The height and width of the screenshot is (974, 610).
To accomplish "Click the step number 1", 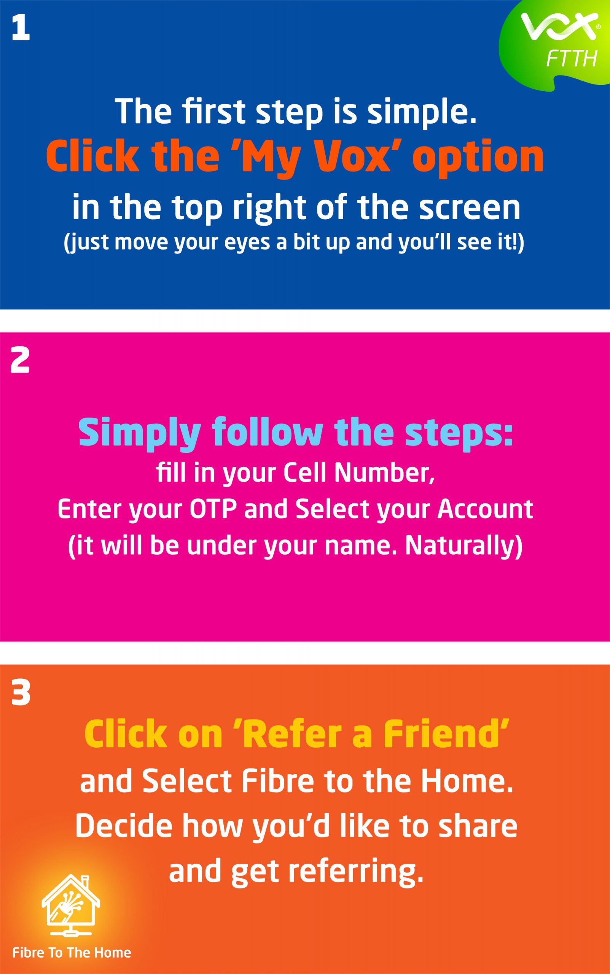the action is tap(21, 28).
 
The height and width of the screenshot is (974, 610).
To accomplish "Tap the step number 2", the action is tap(20, 360).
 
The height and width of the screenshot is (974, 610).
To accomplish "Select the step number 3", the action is tap(21, 693).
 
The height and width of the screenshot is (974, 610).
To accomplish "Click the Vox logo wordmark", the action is tap(559, 26).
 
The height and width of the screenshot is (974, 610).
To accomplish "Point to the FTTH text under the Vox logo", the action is tap(571, 59).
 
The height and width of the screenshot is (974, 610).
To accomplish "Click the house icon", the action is tap(71, 906).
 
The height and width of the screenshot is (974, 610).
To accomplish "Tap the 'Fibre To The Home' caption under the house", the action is tap(72, 953).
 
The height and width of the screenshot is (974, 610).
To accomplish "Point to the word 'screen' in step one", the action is tap(470, 208).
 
